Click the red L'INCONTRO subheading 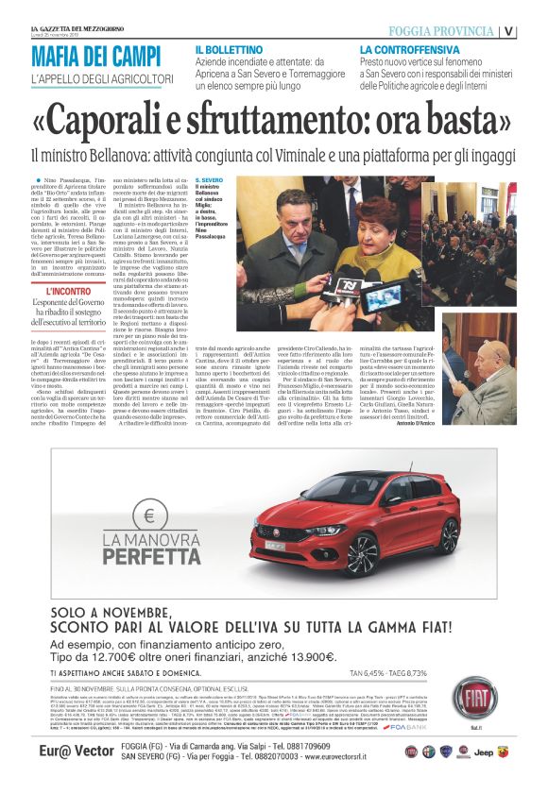70,292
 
